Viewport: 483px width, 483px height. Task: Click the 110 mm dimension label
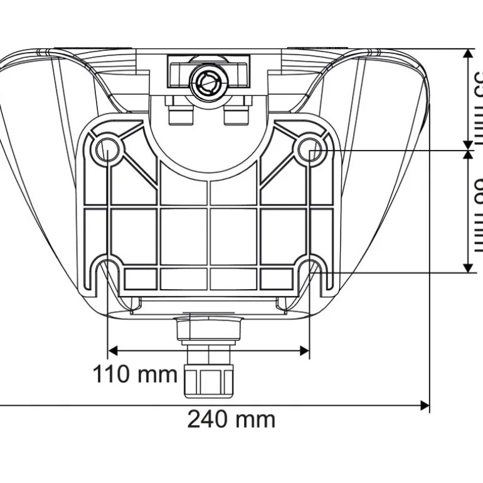click(x=135, y=374)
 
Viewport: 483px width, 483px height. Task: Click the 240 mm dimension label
click(x=231, y=418)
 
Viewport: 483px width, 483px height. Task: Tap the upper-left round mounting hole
click(x=107, y=149)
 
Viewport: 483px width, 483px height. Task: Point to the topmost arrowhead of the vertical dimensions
click(x=468, y=54)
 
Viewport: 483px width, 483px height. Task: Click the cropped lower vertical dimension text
click(x=477, y=213)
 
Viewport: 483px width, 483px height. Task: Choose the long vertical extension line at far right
click(x=430, y=251)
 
